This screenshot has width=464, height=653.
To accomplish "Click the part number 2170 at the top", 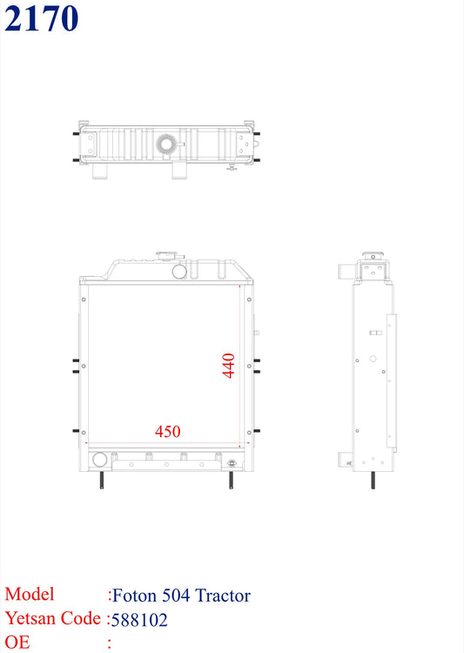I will pyautogui.click(x=41, y=18).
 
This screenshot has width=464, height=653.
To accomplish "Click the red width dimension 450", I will pyautogui.click(x=168, y=431).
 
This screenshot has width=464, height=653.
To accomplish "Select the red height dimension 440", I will pyautogui.click(x=228, y=365).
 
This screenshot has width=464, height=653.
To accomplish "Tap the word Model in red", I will pyautogui.click(x=29, y=595).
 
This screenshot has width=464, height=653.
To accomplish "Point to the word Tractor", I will pyautogui.click(x=222, y=596).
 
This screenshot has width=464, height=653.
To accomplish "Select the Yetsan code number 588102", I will pyautogui.click(x=139, y=620).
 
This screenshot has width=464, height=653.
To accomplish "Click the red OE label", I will pyautogui.click(x=17, y=643).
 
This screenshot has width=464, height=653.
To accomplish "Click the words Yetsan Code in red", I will pyautogui.click(x=52, y=620).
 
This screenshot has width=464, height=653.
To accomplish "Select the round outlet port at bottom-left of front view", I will pyautogui.click(x=98, y=459).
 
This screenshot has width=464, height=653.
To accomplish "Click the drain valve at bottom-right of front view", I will pyautogui.click(x=232, y=463).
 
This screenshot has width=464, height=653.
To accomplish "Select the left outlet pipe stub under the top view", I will pyautogui.click(x=100, y=172).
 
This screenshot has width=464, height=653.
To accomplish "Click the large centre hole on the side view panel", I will pyautogui.click(x=373, y=357).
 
